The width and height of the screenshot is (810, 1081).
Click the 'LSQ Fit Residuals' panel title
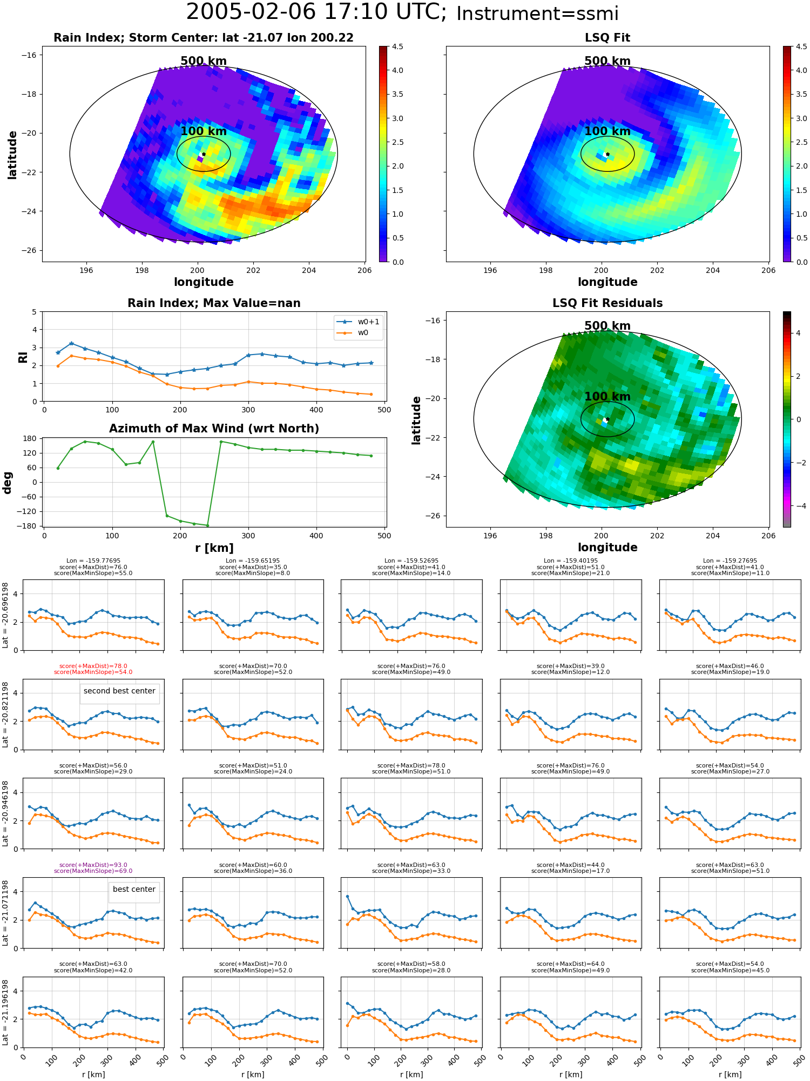tap(607, 303)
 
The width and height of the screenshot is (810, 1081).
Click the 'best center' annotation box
tap(134, 889)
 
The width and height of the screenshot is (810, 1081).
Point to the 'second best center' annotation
tap(119, 691)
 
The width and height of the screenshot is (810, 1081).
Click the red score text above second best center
tap(93, 669)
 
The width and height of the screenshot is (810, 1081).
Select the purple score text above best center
tap(93, 868)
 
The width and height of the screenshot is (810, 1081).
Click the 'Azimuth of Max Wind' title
tap(214, 429)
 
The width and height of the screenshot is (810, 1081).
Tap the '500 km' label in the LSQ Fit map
tap(607, 61)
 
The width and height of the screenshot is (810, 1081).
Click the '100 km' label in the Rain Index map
tap(204, 131)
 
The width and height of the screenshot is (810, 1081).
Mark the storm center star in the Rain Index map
tap(204, 154)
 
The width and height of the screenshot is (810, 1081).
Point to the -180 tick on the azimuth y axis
tap(30, 526)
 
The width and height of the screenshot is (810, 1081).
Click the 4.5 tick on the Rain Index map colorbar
tap(397, 46)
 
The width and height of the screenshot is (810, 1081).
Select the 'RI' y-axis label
tap(23, 357)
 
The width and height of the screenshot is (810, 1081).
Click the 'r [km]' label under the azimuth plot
tap(214, 548)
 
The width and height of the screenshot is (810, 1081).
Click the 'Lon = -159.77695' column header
tap(93, 561)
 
